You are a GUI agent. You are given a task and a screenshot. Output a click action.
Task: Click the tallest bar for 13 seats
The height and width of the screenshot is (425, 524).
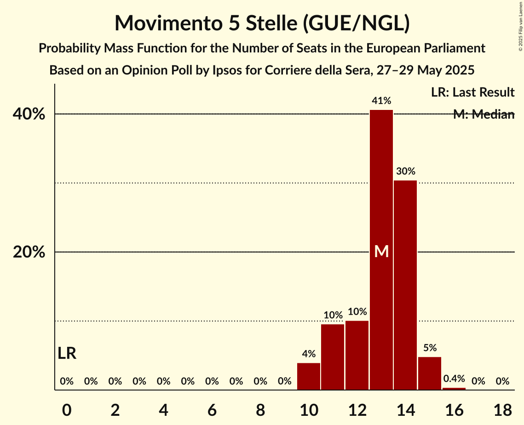(x=381, y=184)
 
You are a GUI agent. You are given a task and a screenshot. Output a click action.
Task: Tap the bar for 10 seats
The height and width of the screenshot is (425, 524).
(x=309, y=377)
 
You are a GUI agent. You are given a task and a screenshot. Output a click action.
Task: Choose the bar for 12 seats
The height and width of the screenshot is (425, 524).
(x=357, y=356)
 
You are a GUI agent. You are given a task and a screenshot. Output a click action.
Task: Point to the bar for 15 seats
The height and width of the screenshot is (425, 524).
(x=430, y=373)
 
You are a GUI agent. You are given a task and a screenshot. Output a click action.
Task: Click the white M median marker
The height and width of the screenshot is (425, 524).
(x=381, y=251)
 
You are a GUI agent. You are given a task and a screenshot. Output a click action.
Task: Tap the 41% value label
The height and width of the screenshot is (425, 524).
(x=381, y=100)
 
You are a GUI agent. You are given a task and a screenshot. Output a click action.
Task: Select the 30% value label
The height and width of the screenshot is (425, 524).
(x=405, y=171)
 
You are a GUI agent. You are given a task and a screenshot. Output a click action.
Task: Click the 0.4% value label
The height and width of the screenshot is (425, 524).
(x=454, y=379)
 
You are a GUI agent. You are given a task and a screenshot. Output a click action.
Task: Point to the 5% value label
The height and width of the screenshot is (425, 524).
(x=430, y=348)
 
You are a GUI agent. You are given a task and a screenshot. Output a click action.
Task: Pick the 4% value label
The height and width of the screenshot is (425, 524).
(x=309, y=354)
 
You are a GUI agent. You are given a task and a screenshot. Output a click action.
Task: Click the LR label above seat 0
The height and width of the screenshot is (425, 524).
(x=67, y=353)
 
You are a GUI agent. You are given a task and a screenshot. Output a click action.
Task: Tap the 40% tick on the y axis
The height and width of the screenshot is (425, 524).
(x=29, y=114)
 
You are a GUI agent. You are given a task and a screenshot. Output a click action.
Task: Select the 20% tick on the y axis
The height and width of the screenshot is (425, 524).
(x=29, y=252)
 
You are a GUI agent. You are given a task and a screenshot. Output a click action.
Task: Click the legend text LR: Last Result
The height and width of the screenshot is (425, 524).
(x=472, y=92)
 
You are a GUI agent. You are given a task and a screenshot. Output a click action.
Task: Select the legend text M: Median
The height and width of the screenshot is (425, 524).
(x=484, y=115)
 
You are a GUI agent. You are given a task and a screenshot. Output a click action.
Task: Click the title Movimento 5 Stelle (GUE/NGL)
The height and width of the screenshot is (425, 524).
(x=262, y=23)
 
